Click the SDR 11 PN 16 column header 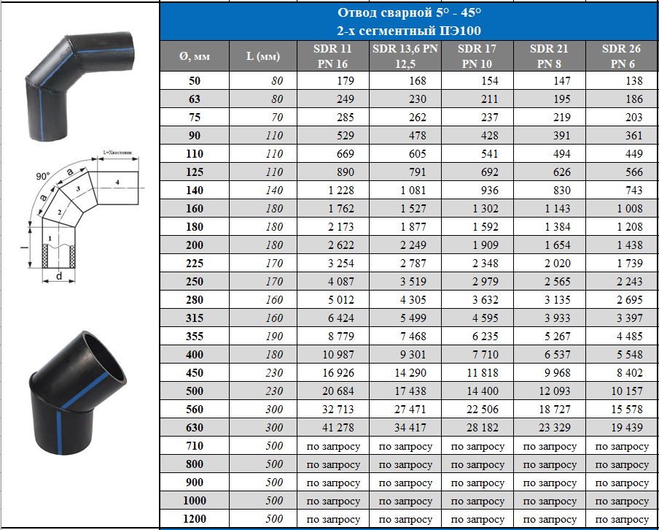(332, 56)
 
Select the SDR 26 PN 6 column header (621, 56)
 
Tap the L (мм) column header (262, 56)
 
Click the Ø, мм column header (194, 56)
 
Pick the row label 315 (194, 318)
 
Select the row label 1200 (194, 518)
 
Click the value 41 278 (338, 427)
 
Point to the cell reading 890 (345, 172)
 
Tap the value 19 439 (627, 427)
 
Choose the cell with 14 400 (483, 391)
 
